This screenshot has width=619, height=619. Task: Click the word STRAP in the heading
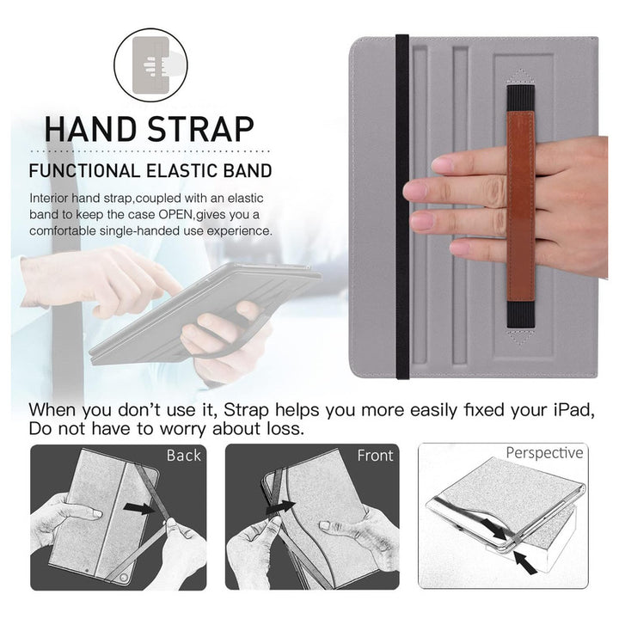201,129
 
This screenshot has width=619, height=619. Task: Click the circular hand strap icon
150,65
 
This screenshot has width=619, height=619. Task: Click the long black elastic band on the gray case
402,206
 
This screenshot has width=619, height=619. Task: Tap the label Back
184,455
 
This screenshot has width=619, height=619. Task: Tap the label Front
375,455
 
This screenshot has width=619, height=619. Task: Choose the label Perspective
544,452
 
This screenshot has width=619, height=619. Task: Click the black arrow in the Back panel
140,508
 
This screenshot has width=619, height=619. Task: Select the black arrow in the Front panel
280,507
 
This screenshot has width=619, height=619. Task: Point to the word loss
285,429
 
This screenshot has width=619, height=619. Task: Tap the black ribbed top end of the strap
521,98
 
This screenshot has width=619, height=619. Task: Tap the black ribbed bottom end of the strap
521,315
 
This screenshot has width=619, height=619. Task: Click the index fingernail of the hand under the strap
443,164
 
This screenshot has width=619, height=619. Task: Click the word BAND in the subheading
248,171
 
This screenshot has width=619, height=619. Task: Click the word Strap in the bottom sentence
246,411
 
